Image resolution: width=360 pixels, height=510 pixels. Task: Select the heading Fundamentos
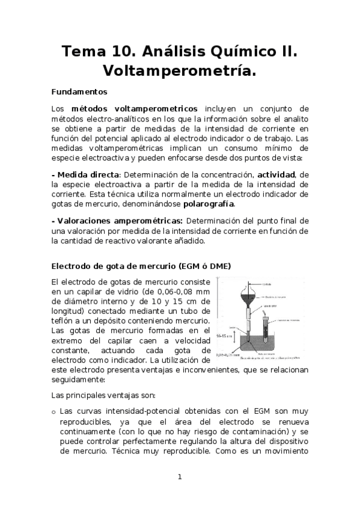point(79,93)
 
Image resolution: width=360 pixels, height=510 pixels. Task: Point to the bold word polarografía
point(209,204)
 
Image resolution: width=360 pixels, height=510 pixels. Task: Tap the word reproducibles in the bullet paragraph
point(88,422)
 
